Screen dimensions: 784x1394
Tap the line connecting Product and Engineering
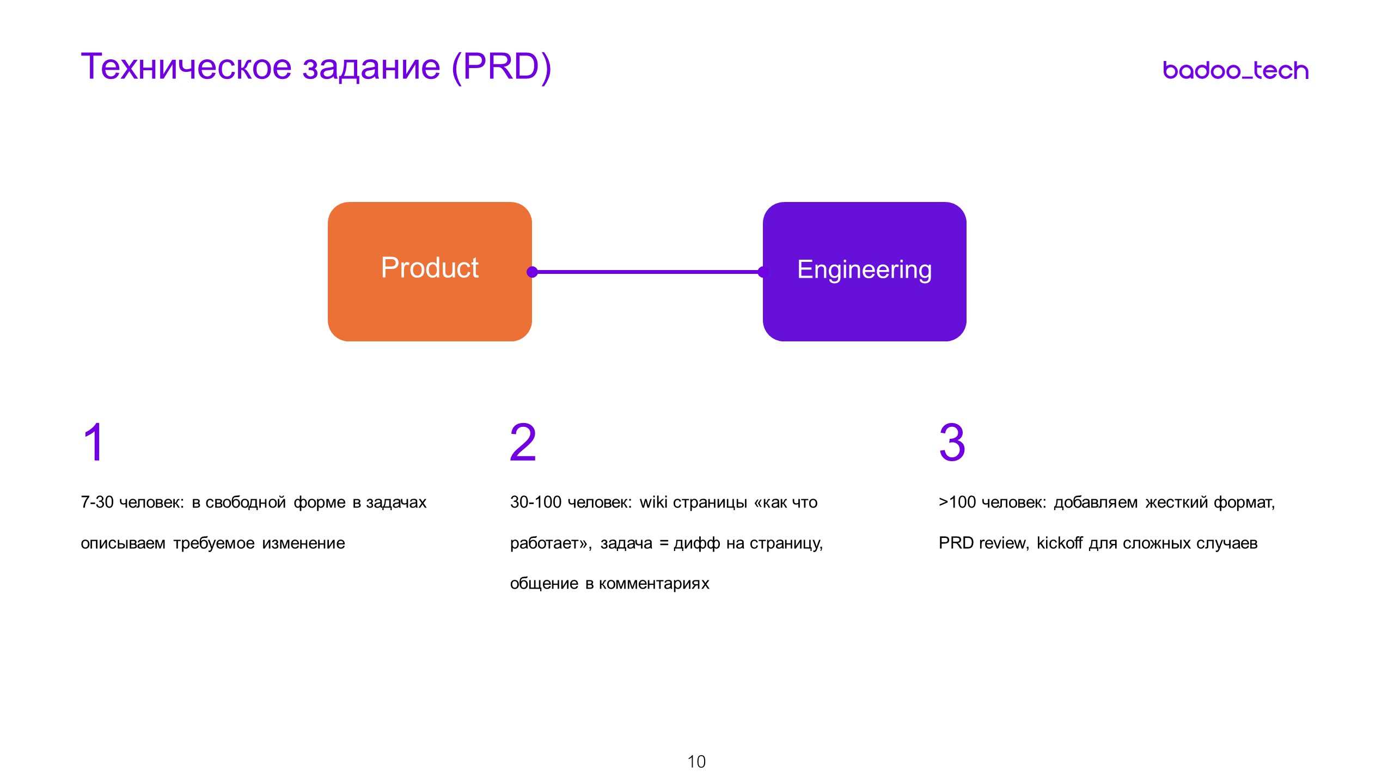(648, 272)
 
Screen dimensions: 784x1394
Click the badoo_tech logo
(1235, 71)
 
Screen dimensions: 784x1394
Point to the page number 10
(696, 762)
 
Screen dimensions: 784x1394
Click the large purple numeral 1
(94, 443)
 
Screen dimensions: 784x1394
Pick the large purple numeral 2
(523, 443)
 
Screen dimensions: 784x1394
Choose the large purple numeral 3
(952, 443)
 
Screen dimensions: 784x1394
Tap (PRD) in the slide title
(502, 67)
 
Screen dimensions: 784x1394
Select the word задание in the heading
(371, 68)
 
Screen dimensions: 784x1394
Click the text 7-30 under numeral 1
(97, 502)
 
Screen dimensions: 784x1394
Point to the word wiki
(652, 502)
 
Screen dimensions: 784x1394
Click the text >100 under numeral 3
(957, 502)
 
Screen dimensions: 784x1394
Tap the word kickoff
(1059, 543)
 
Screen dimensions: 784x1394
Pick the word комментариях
(654, 584)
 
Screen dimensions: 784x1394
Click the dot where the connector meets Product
(533, 272)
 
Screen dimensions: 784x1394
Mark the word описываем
(123, 543)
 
